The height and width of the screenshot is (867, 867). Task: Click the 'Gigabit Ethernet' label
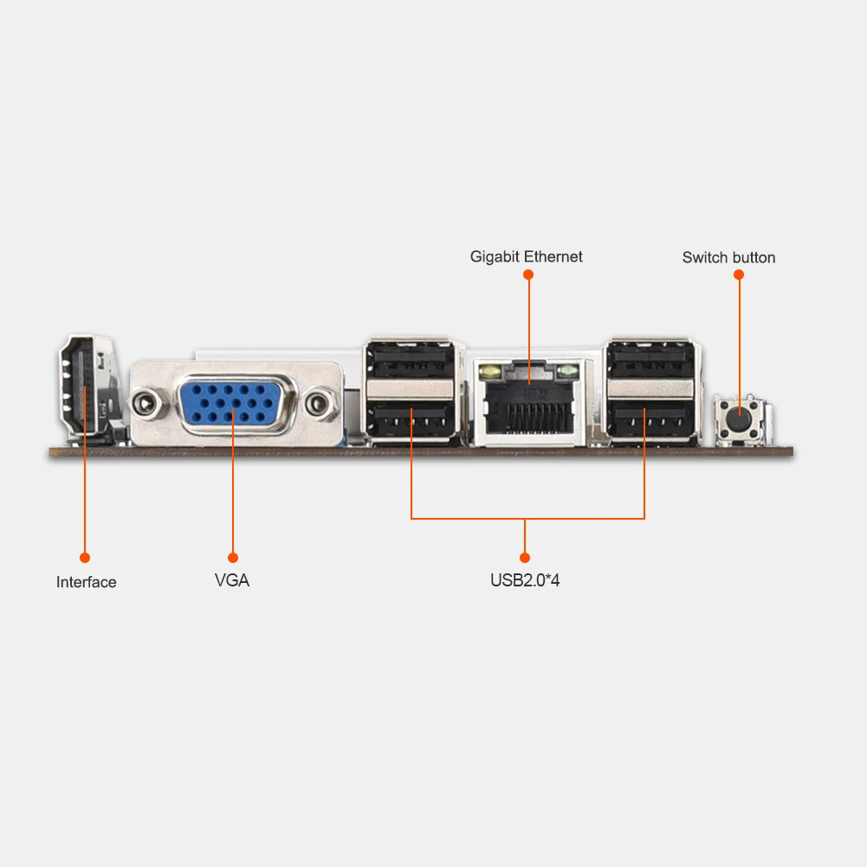pyautogui.click(x=526, y=256)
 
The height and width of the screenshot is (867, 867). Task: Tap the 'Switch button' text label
pyautogui.click(x=728, y=257)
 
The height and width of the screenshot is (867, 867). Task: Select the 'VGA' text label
pyautogui.click(x=232, y=580)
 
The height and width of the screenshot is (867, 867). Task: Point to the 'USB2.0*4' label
pyautogui.click(x=525, y=580)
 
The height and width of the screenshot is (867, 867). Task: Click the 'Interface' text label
pyautogui.click(x=86, y=582)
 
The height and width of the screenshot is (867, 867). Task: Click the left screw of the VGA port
pyautogui.click(x=146, y=403)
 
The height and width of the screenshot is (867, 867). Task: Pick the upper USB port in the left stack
pyautogui.click(x=411, y=359)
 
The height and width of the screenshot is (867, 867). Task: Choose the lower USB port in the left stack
pyautogui.click(x=411, y=421)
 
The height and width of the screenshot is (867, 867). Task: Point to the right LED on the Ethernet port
pyautogui.click(x=568, y=373)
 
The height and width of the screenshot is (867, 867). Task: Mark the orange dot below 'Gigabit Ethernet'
pyautogui.click(x=528, y=275)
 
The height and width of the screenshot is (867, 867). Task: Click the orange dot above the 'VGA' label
pyautogui.click(x=232, y=558)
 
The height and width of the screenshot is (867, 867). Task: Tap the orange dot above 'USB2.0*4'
pyautogui.click(x=525, y=558)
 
